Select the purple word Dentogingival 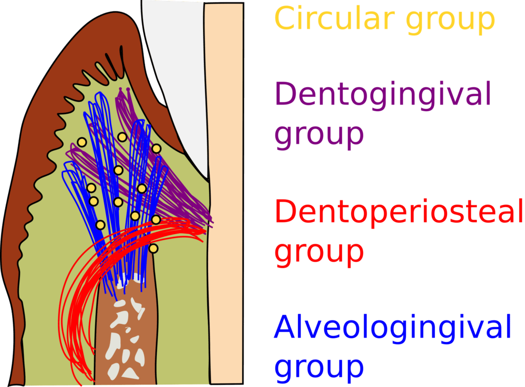click(383, 94)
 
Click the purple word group click(319, 134)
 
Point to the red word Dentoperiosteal click(399, 211)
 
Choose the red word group click(319, 251)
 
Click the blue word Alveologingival click(393, 328)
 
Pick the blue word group click(319, 366)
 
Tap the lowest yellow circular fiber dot click(153, 249)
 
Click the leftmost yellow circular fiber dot click(82, 142)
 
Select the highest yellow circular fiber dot click(122, 137)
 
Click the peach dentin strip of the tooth click(224, 195)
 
